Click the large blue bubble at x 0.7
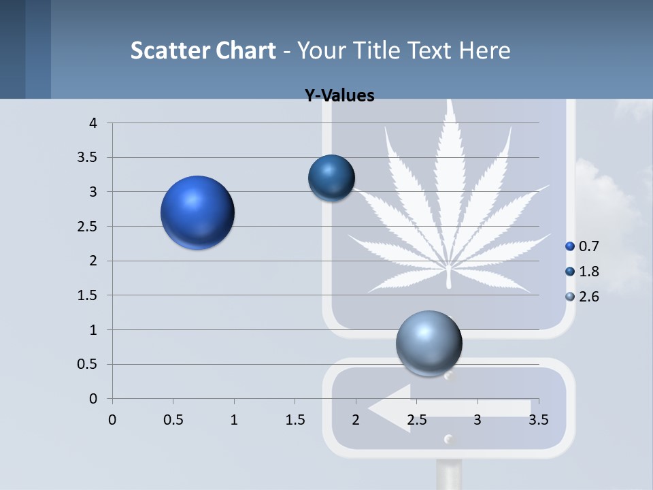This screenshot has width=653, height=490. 198,212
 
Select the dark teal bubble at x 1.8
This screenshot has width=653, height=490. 331,178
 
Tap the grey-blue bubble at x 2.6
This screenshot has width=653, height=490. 429,343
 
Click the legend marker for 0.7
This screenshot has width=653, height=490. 570,246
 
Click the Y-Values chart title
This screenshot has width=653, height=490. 339,96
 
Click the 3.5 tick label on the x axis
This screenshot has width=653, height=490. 538,419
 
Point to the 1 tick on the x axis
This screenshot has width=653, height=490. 234,419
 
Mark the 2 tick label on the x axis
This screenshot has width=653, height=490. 356,419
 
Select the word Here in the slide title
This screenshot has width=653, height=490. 484,50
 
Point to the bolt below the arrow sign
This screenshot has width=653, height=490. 448,440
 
